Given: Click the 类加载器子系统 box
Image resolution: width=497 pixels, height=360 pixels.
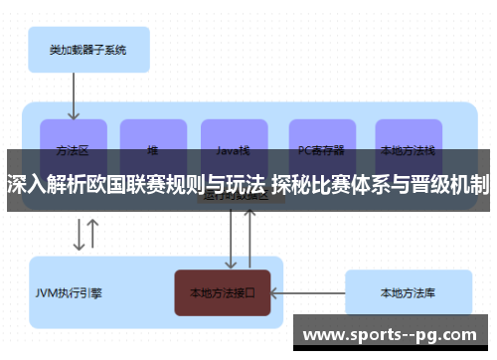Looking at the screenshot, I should tap(86, 48).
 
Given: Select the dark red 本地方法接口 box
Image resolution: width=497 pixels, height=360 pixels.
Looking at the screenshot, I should tap(223, 293).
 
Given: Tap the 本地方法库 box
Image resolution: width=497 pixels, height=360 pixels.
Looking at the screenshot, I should tap(407, 293).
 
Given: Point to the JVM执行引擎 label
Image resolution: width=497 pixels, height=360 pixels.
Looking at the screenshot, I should tap(69, 293).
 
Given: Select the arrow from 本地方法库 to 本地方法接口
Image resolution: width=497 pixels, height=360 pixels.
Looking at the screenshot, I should tap(308, 293).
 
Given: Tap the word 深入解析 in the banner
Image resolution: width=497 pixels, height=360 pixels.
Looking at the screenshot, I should tap(39, 184).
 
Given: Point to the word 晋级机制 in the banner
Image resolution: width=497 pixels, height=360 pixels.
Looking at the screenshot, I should tap(454, 184).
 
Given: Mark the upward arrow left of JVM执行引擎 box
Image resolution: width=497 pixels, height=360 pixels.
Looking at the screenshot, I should tap(92, 235).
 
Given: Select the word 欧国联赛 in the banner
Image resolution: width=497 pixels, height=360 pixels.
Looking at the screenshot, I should tap(112, 184).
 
